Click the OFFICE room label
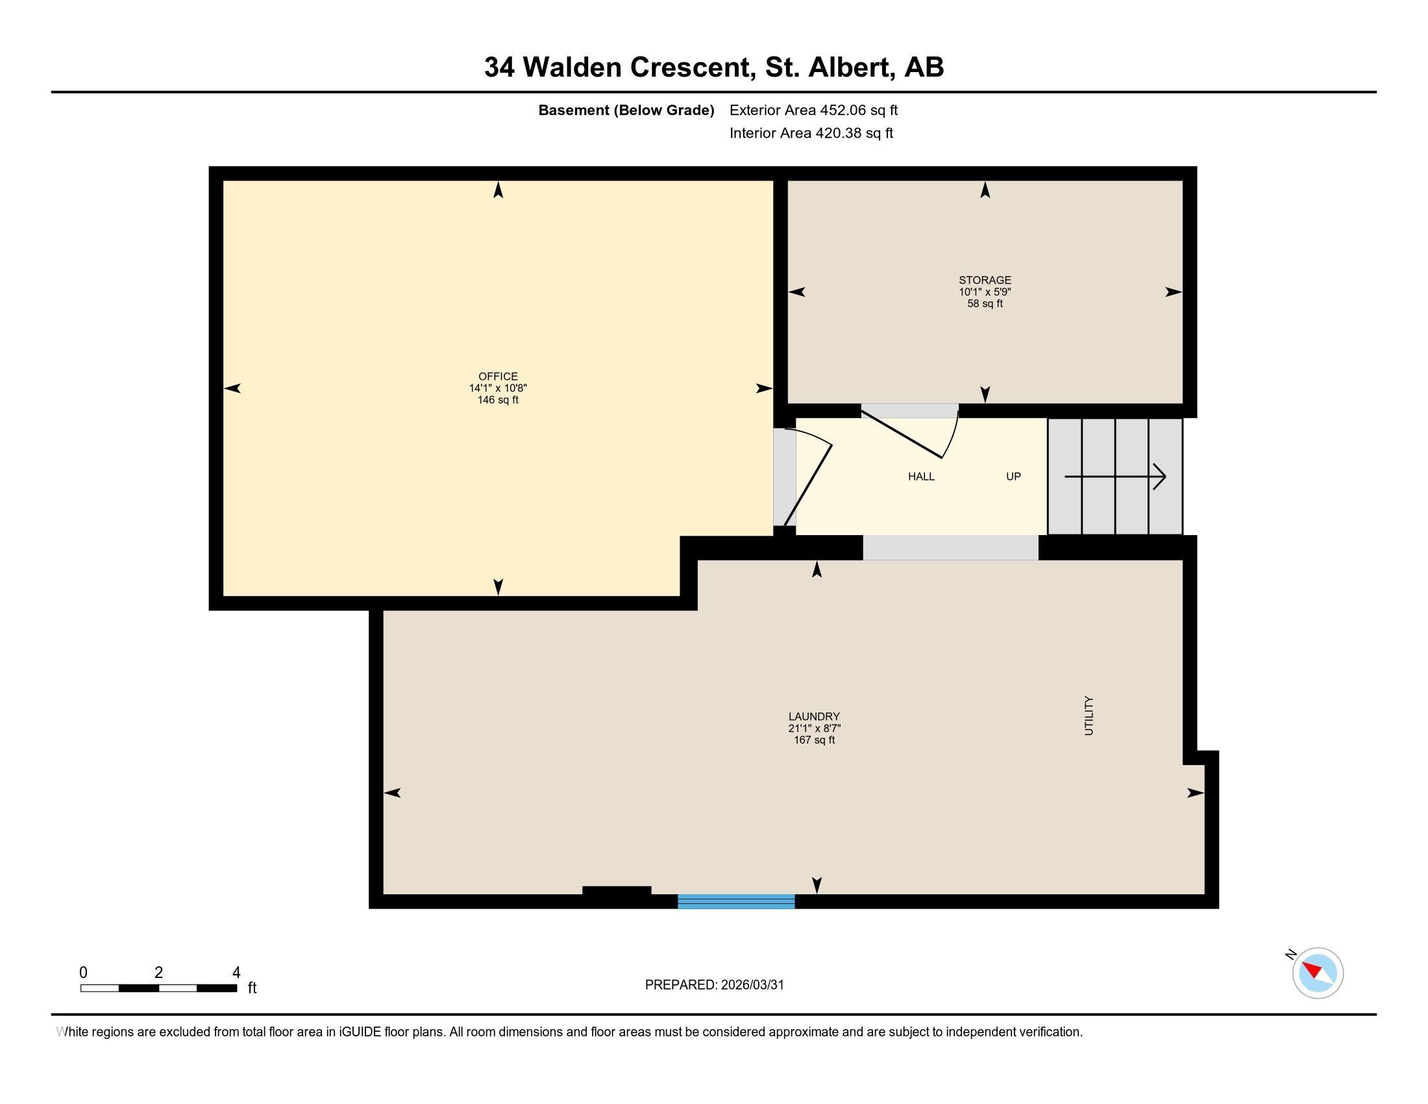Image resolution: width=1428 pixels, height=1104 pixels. tap(498, 376)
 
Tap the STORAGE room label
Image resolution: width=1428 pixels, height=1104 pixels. tap(985, 280)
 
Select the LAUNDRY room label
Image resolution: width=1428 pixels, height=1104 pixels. tap(813, 716)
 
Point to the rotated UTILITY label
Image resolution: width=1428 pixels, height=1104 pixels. tap(1089, 716)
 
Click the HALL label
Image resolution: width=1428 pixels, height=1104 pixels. tap(920, 476)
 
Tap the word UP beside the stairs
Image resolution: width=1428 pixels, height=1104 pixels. tap(1013, 476)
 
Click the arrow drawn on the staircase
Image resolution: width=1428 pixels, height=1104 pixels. tap(1114, 476)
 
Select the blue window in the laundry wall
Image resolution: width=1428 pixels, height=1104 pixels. tap(735, 901)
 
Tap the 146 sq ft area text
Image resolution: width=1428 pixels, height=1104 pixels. tap(498, 399)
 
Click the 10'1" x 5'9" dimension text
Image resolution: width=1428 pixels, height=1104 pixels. tap(985, 292)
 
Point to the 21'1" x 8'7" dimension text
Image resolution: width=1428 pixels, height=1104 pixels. tap(813, 728)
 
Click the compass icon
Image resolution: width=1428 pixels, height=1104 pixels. tap(1317, 973)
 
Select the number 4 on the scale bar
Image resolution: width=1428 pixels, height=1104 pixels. tap(236, 973)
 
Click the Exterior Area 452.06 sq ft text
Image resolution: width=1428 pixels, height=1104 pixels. tap(813, 110)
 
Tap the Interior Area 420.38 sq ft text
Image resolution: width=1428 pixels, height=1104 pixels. tap(811, 132)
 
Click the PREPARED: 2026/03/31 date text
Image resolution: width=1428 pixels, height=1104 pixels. tap(714, 985)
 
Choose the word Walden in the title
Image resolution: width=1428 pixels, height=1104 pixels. tap(571, 67)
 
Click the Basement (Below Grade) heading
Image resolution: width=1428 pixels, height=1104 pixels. tap(626, 110)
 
